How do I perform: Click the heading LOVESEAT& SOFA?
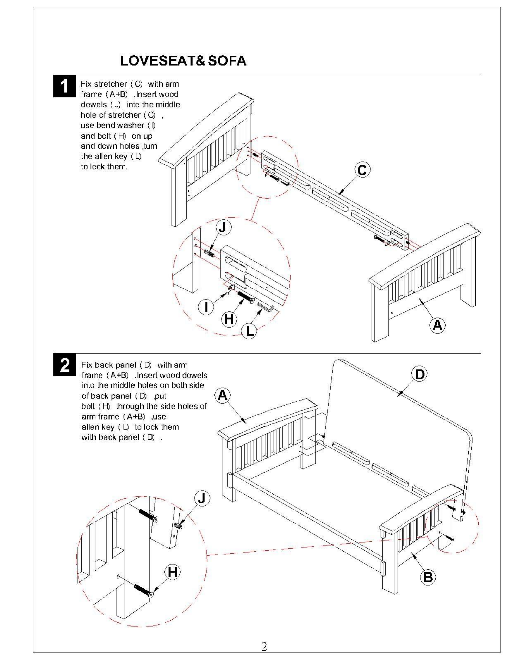(x=183, y=61)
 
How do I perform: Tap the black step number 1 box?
(x=64, y=86)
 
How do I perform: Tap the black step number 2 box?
(x=64, y=365)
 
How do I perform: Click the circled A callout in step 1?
(x=437, y=325)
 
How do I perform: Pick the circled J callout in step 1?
(x=223, y=227)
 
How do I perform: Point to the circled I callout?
(x=206, y=307)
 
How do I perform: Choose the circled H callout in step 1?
(x=229, y=319)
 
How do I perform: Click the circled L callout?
(x=249, y=331)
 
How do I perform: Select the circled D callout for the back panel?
(x=419, y=374)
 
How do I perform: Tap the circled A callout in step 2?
(x=223, y=396)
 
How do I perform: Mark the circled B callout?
(x=428, y=577)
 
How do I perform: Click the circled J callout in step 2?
(x=202, y=498)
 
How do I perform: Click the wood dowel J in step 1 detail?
(x=209, y=253)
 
